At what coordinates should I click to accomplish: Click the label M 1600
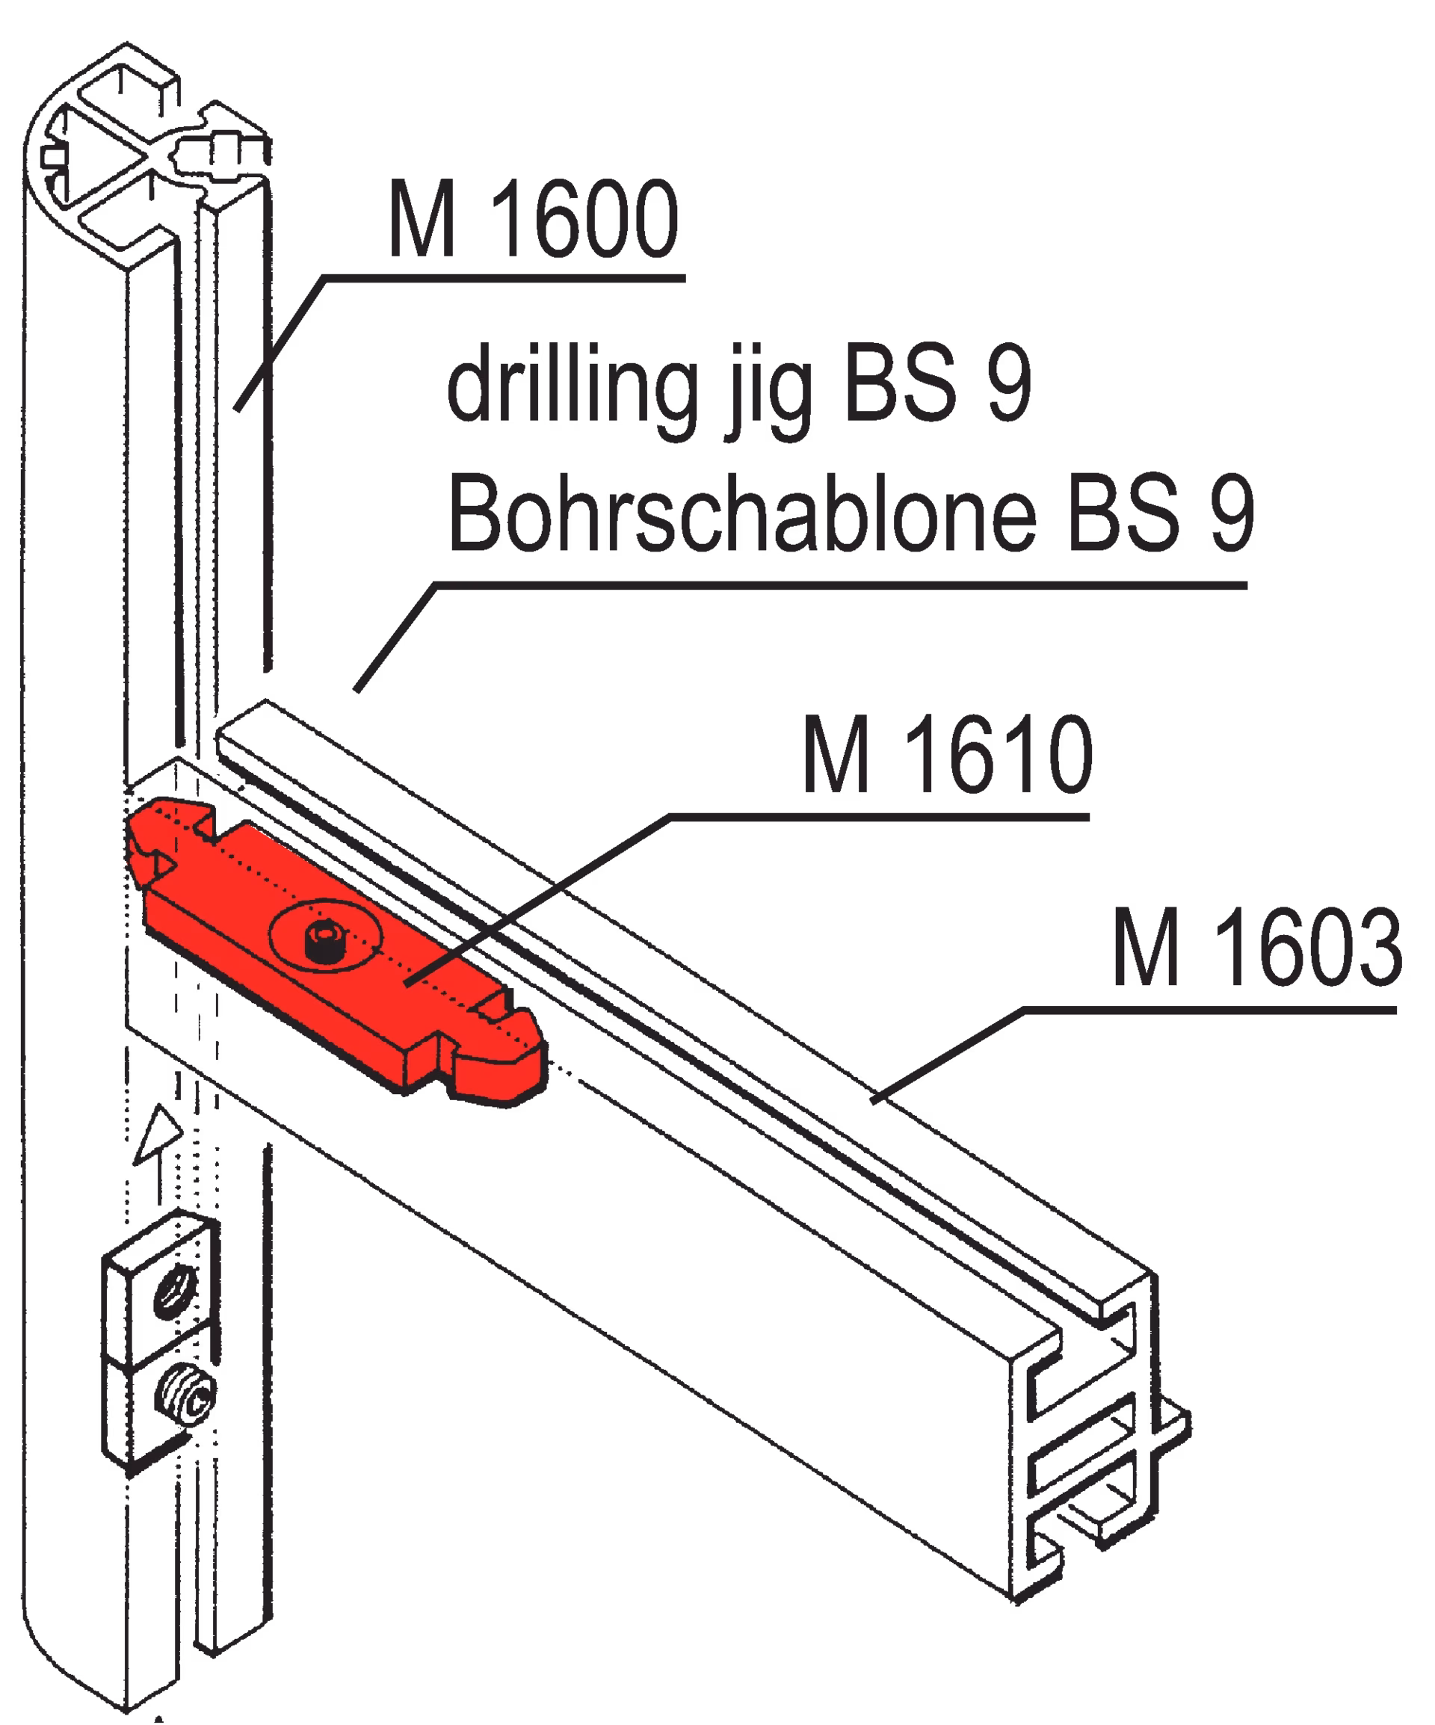pyautogui.click(x=533, y=218)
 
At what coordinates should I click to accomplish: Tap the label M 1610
pyautogui.click(x=947, y=753)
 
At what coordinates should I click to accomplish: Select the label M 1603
pyautogui.click(x=1257, y=947)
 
